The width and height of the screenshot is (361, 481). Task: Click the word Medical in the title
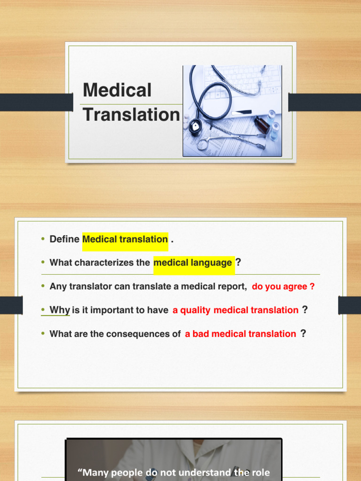coord(117,90)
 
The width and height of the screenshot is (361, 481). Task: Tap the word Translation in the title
coord(131,115)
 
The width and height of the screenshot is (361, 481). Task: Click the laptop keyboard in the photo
coord(239,80)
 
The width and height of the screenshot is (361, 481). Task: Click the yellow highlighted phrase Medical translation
coord(125,239)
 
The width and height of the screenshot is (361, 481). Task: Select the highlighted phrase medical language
coord(193,263)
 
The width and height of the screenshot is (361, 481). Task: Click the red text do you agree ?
coord(283,287)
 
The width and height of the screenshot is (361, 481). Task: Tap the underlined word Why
coord(59,310)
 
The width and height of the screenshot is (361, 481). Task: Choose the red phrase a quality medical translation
coord(235,310)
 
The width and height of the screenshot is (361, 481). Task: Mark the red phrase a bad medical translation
coord(241,334)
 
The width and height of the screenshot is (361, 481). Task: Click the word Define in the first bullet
coord(64,239)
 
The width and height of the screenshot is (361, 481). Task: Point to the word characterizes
coord(106,263)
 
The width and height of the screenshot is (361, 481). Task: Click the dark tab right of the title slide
coord(324,102)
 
